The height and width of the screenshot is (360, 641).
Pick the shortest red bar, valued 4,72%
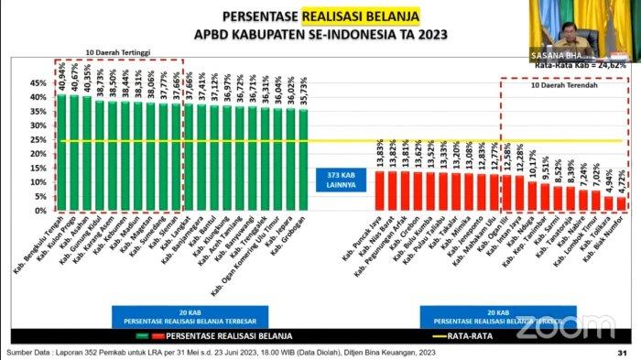click(x=620, y=203)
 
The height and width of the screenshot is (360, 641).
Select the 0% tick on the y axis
click(x=40, y=211)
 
